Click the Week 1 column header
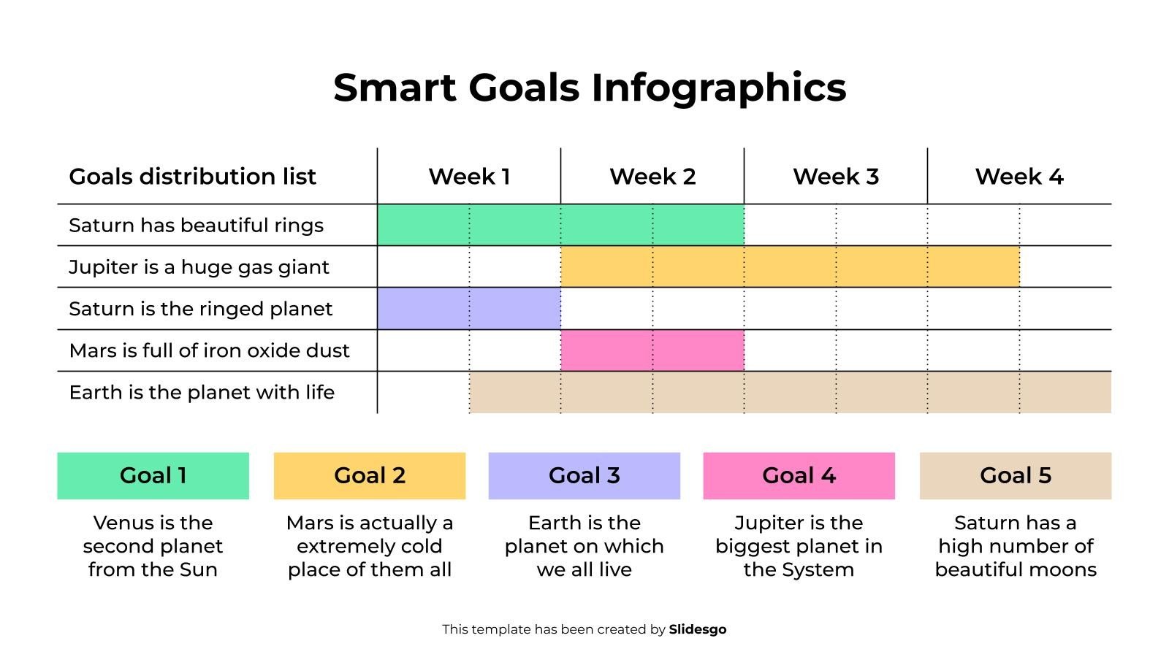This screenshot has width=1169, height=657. (x=469, y=177)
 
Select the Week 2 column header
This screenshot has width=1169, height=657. (x=652, y=177)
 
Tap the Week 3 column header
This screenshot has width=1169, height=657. (x=836, y=177)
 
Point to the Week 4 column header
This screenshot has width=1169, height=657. (x=1019, y=177)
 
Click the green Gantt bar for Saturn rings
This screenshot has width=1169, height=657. (x=560, y=225)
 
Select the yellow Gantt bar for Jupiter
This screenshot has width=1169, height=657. (x=790, y=266)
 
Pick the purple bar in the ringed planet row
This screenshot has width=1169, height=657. (x=469, y=308)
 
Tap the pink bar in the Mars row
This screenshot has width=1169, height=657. (x=652, y=350)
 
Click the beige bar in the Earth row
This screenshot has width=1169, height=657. (x=790, y=392)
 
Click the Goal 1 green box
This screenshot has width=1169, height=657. (x=153, y=476)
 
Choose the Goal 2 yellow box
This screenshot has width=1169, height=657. (x=369, y=476)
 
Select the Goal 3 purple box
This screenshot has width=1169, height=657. (x=584, y=476)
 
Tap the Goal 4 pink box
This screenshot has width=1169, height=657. (x=799, y=476)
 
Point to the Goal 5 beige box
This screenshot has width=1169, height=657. (x=1015, y=476)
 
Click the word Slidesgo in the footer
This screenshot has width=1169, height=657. (x=698, y=629)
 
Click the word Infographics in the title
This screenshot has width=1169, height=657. (x=718, y=88)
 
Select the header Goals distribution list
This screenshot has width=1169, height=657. (x=192, y=177)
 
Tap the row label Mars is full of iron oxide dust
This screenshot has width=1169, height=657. (x=209, y=350)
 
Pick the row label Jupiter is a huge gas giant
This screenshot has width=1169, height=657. (x=199, y=267)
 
